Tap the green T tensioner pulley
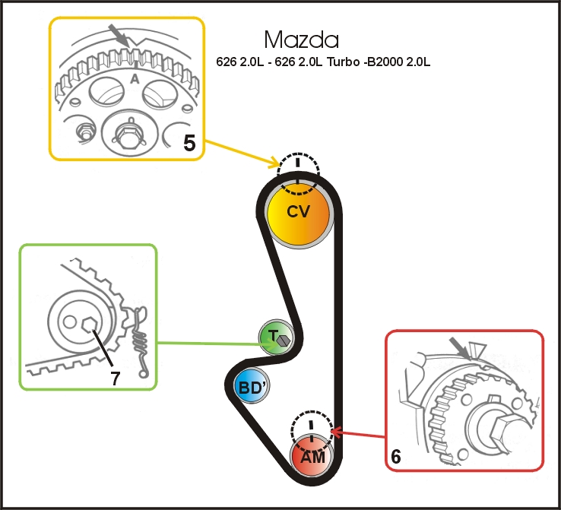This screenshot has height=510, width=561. [x=274, y=337]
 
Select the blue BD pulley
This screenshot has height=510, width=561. [x=251, y=387]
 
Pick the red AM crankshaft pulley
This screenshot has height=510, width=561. [x=312, y=457]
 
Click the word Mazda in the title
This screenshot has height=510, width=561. [x=301, y=40]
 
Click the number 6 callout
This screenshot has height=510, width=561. [x=395, y=457]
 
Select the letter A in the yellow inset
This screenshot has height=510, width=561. [x=135, y=78]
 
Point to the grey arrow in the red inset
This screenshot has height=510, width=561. [x=460, y=346]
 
